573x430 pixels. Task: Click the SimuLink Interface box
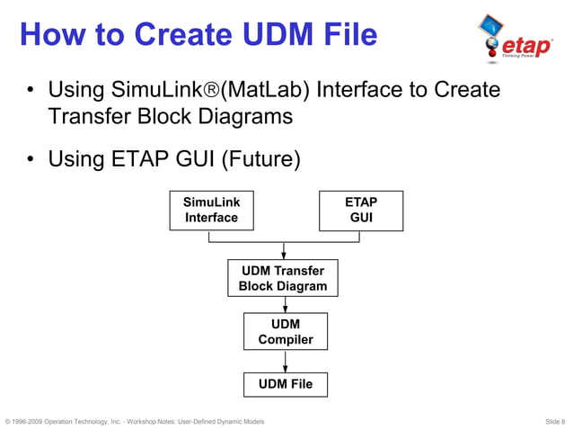[211, 210]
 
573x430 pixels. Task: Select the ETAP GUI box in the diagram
[361, 210]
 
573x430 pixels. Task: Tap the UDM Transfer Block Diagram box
[283, 278]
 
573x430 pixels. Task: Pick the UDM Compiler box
[286, 331]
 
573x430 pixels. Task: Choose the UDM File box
[286, 384]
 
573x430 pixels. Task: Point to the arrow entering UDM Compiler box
[286, 308]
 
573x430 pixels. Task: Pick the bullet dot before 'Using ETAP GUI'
[31, 160]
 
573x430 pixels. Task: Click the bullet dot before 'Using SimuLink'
[31, 91]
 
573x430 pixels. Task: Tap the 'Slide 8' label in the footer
[554, 421]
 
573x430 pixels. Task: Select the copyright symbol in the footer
[8, 421]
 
